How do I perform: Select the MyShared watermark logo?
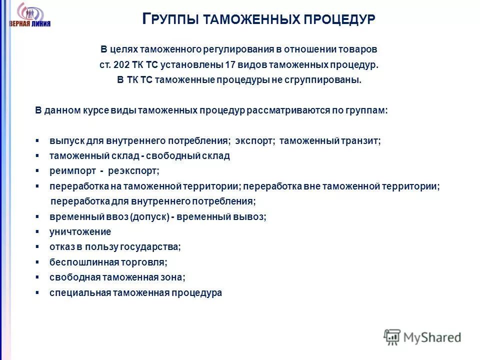pyautogui.click(x=422, y=337)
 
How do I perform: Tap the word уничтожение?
pyautogui.click(x=80, y=232)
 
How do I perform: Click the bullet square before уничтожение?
pyautogui.click(x=37, y=232)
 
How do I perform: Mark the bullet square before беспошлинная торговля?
pyautogui.click(x=37, y=262)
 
